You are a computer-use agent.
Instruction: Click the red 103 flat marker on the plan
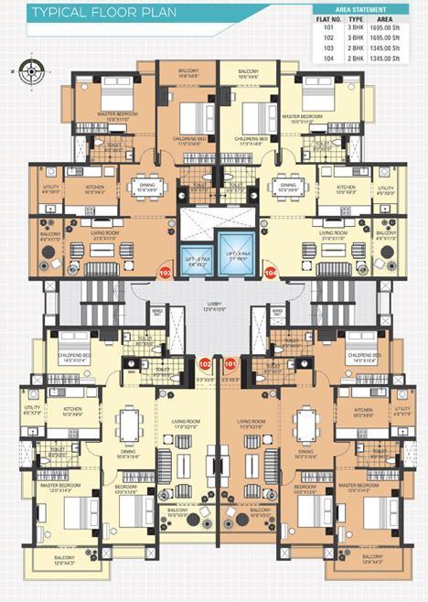click(x=166, y=272)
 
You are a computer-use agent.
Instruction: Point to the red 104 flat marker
click(x=270, y=272)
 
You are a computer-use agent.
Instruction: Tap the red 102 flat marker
click(x=205, y=363)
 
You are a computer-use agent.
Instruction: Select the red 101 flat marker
click(x=230, y=363)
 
